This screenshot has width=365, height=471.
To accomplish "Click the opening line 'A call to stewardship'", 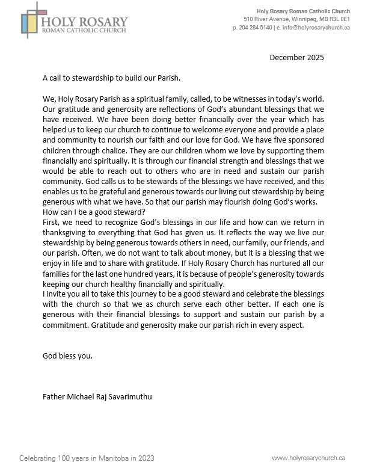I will click(111, 78).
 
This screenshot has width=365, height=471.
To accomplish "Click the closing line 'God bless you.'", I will click(68, 356).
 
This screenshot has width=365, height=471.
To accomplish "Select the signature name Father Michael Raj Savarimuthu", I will click(102, 397).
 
